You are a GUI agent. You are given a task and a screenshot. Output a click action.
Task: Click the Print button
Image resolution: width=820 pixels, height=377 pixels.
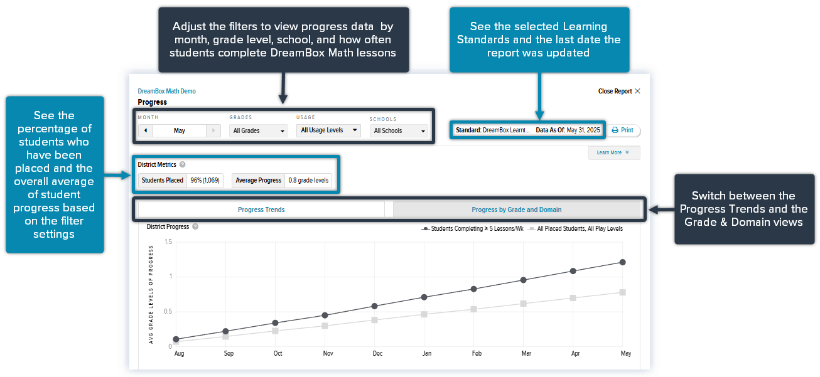point(623,130)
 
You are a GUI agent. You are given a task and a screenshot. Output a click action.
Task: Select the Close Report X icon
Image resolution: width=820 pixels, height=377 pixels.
point(637,91)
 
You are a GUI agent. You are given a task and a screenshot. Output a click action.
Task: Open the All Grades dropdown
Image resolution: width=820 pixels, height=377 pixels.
point(258,130)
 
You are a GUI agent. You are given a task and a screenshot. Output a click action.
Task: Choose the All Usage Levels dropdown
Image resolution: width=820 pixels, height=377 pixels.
point(328,130)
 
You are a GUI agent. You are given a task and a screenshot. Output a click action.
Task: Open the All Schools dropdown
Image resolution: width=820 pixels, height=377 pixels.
point(399,130)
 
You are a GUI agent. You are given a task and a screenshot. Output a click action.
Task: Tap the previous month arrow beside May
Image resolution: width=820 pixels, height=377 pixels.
point(146,130)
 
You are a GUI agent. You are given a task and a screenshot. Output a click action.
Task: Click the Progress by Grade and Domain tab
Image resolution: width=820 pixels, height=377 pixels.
point(516,210)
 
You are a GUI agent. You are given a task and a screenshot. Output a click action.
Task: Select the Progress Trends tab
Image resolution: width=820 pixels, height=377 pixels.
point(261,210)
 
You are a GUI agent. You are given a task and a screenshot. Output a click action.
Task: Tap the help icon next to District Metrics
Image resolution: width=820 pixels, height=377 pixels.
point(182,164)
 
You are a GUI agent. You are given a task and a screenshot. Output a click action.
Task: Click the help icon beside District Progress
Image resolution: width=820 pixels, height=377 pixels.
point(195,226)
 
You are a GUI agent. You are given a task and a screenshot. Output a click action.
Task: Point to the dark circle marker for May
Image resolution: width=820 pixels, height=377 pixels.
point(622,262)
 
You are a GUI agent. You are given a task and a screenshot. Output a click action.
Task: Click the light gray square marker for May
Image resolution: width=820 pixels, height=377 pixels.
point(622,292)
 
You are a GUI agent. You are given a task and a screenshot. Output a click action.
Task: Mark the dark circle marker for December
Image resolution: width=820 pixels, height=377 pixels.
point(374,306)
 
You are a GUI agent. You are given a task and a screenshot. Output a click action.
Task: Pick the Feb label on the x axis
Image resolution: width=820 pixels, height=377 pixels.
point(477,353)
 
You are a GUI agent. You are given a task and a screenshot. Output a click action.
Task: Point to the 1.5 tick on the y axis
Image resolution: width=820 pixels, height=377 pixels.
point(168,242)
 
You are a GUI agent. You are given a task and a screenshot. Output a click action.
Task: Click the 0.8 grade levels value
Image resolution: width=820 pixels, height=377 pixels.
point(308,180)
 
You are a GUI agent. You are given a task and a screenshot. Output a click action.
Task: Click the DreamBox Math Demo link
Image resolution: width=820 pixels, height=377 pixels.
point(166,91)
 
